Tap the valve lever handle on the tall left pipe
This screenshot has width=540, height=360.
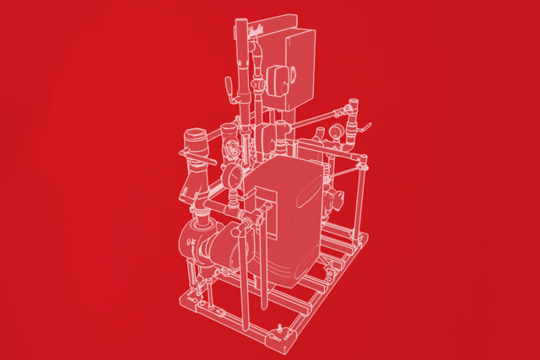click(x=228, y=88)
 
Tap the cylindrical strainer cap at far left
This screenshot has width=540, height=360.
click(x=196, y=138)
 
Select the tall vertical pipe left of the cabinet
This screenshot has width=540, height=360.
click(x=244, y=76)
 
